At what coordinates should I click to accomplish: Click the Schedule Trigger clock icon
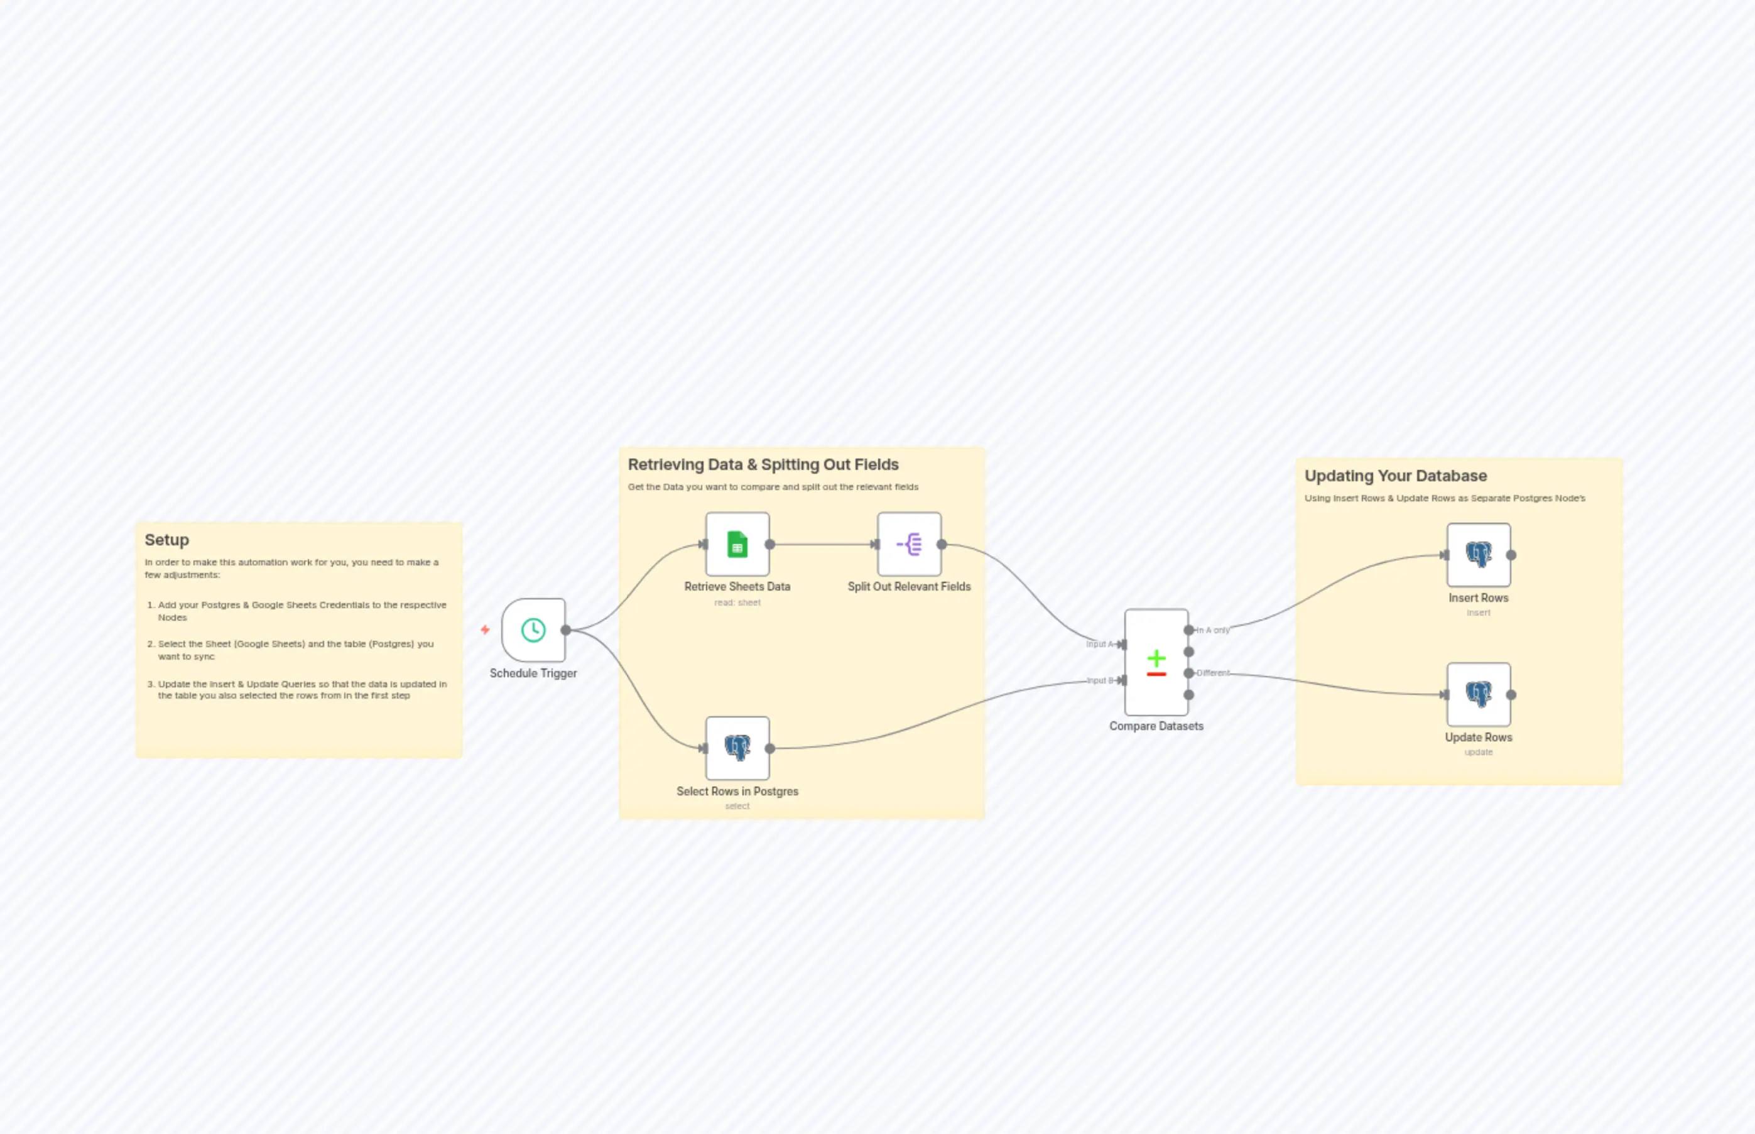pyautogui.click(x=533, y=630)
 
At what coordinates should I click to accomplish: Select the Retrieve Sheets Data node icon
pyautogui.click(x=737, y=544)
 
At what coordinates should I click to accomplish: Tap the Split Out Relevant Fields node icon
pyautogui.click(x=909, y=544)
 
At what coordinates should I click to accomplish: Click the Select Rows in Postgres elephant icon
pyautogui.click(x=737, y=748)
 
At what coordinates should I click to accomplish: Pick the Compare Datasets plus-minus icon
pyautogui.click(x=1156, y=662)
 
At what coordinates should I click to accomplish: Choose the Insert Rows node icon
pyautogui.click(x=1478, y=555)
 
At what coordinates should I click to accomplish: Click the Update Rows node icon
pyautogui.click(x=1478, y=694)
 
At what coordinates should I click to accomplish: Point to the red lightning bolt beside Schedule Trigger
pyautogui.click(x=485, y=630)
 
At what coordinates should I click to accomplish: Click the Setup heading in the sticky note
pyautogui.click(x=166, y=540)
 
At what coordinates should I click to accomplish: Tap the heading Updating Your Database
pyautogui.click(x=1395, y=476)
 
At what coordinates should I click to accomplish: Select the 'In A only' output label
pyautogui.click(x=1212, y=630)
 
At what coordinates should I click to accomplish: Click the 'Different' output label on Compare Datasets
pyautogui.click(x=1212, y=673)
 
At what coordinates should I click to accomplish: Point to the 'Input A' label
pyautogui.click(x=1099, y=645)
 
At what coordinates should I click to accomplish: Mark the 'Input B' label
pyautogui.click(x=1099, y=680)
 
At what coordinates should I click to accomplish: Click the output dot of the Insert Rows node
pyautogui.click(x=1511, y=555)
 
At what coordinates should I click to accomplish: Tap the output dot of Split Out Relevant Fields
pyautogui.click(x=942, y=545)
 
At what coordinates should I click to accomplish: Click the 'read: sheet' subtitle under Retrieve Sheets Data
pyautogui.click(x=737, y=602)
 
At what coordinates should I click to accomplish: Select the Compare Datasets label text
pyautogui.click(x=1156, y=726)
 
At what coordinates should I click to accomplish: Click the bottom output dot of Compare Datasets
pyautogui.click(x=1188, y=694)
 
